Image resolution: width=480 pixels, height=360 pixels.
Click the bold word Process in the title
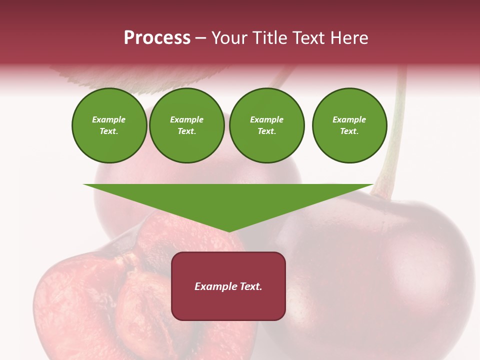pyautogui.click(x=157, y=37)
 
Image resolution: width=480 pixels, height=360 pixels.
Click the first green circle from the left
pyautogui.click(x=109, y=125)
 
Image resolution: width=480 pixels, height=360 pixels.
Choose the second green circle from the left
pyautogui.click(x=187, y=125)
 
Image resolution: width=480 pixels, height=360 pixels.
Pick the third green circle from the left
pyautogui.click(x=267, y=125)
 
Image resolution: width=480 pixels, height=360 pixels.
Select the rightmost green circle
pyautogui.click(x=349, y=125)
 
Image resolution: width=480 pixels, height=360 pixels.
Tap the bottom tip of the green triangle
pyautogui.click(x=228, y=230)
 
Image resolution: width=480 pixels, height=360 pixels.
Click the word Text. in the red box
pyautogui.click(x=251, y=286)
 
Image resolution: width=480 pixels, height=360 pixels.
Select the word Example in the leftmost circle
pyautogui.click(x=109, y=120)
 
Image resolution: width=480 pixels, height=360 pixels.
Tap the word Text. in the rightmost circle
pyautogui.click(x=349, y=131)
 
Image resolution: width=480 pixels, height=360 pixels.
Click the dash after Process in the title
pyautogui.click(x=200, y=38)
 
